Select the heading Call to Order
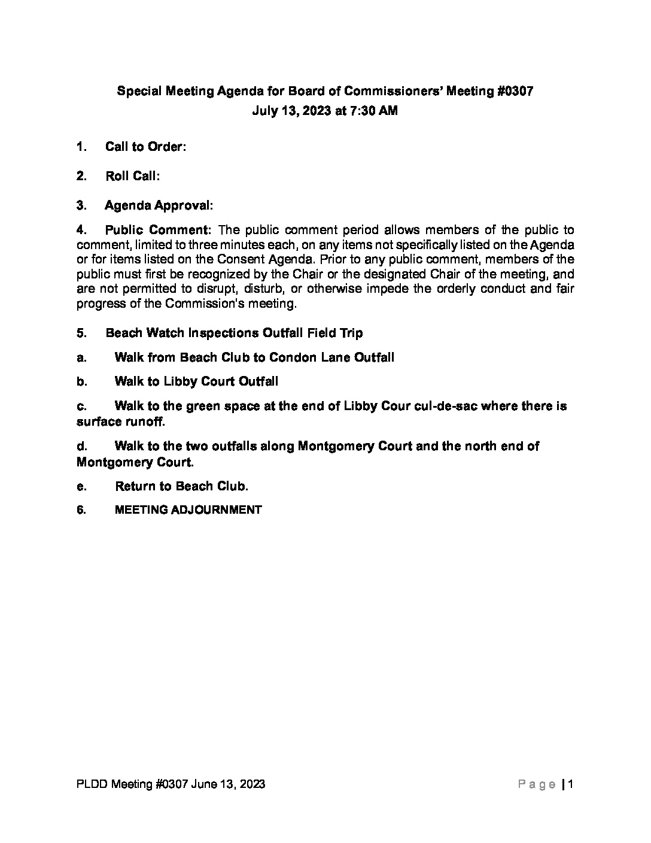[145, 147]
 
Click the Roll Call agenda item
[132, 176]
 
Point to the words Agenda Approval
[158, 205]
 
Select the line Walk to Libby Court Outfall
[196, 381]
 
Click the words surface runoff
[120, 421]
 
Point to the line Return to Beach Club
[181, 486]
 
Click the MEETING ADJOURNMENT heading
[188, 510]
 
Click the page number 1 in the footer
[571, 784]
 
